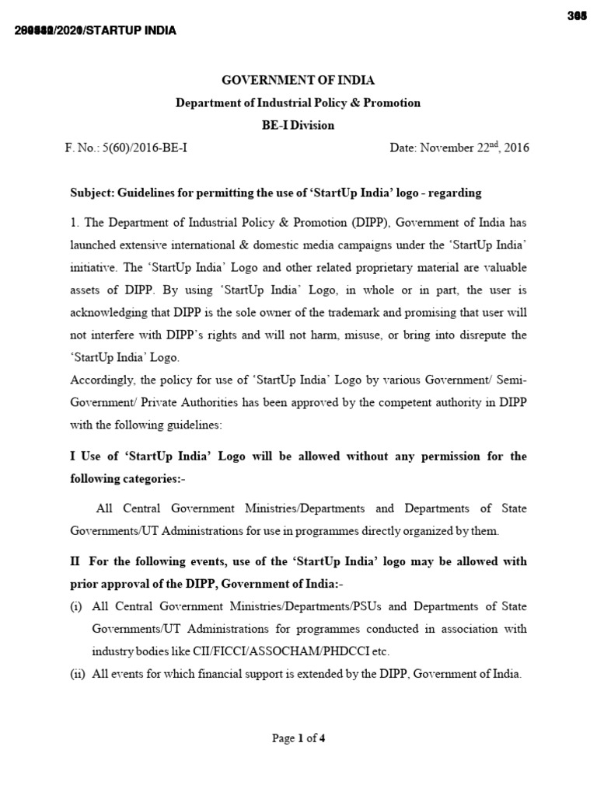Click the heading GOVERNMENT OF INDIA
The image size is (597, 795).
tap(298, 80)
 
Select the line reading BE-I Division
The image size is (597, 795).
tap(298, 124)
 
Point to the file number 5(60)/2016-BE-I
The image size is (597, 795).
tap(148, 148)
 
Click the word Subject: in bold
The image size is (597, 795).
tap(94, 193)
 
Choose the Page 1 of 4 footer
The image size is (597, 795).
tap(298, 738)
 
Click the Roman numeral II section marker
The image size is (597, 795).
tap(75, 561)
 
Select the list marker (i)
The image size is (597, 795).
tap(77, 606)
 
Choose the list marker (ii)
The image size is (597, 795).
tap(78, 674)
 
